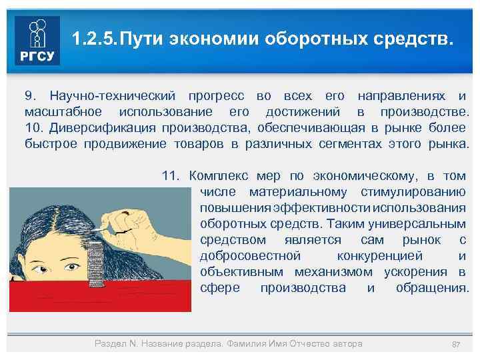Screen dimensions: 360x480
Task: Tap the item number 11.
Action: click(x=171, y=176)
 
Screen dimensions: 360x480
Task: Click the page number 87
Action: click(x=457, y=344)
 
